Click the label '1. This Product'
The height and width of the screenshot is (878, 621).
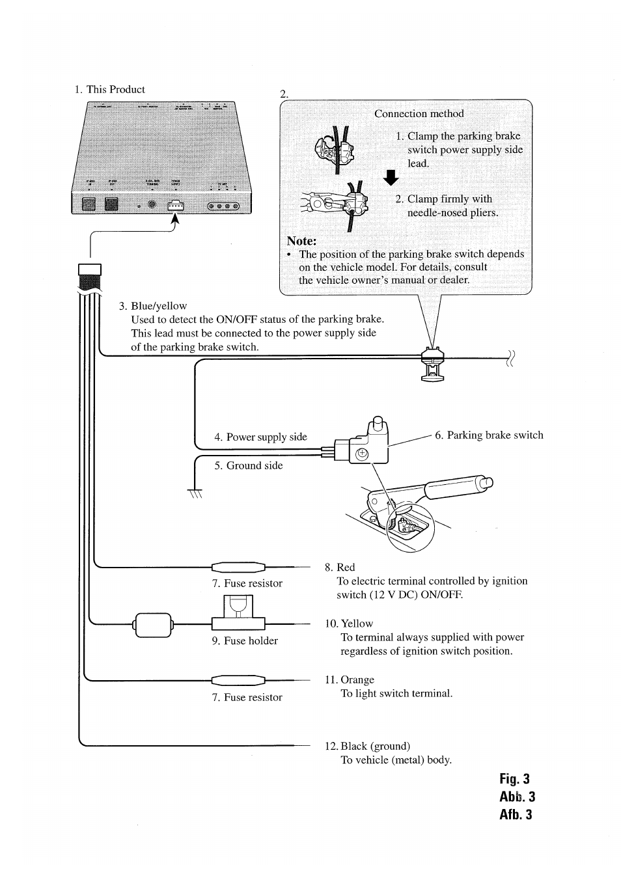click(109, 90)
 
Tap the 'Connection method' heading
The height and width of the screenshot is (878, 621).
click(419, 113)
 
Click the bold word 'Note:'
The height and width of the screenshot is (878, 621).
click(301, 240)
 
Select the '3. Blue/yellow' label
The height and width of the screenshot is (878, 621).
click(153, 306)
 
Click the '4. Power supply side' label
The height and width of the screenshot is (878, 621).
click(260, 437)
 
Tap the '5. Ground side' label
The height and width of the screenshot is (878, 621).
click(249, 466)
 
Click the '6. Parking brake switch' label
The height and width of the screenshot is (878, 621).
click(489, 435)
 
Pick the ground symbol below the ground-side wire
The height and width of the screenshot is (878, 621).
click(195, 494)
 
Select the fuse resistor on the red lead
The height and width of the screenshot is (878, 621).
click(239, 567)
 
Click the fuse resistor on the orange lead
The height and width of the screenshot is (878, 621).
click(239, 681)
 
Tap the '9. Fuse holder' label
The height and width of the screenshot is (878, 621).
click(245, 641)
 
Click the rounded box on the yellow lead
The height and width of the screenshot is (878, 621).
click(153, 625)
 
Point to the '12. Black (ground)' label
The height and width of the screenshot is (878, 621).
click(368, 747)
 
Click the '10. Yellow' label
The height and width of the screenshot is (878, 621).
click(350, 624)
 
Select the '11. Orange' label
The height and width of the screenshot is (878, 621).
click(350, 680)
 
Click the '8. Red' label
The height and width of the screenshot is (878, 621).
click(340, 568)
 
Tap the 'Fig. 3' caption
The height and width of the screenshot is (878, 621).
click(515, 779)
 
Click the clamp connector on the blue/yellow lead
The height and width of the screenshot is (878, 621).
click(433, 364)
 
